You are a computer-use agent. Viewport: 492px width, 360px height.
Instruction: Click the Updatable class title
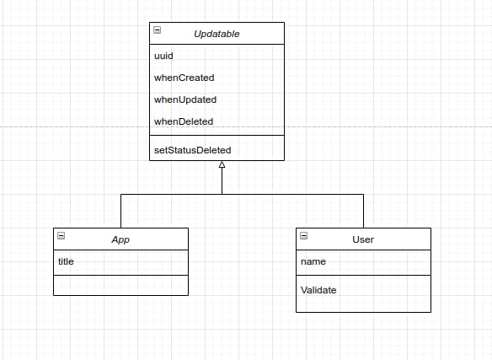click(x=217, y=34)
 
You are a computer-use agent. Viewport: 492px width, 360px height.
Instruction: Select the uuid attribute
click(x=163, y=56)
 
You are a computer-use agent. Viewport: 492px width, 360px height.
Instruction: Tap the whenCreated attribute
click(x=184, y=78)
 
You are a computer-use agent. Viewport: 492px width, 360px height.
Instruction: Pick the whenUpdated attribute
click(x=185, y=99)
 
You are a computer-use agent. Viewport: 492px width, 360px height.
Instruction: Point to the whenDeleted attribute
click(x=184, y=121)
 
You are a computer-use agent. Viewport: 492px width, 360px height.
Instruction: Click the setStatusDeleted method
click(x=193, y=150)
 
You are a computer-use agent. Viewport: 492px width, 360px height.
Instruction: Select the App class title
click(x=120, y=239)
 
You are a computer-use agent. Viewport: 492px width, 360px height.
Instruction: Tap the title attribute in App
click(x=66, y=261)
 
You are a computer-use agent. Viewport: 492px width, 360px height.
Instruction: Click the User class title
click(x=363, y=239)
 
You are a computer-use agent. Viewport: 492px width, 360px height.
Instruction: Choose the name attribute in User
click(x=313, y=261)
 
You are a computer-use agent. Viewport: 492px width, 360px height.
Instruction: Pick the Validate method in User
click(x=318, y=290)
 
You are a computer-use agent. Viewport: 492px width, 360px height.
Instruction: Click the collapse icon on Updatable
click(x=158, y=30)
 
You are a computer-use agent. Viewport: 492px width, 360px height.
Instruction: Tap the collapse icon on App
click(x=61, y=235)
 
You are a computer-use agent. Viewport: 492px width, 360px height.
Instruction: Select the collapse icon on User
click(x=304, y=235)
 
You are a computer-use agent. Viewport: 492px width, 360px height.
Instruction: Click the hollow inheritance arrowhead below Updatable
click(x=222, y=164)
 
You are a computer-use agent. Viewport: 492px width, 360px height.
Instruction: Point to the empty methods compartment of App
click(x=120, y=285)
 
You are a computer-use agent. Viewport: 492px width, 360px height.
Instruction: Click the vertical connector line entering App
click(x=120, y=211)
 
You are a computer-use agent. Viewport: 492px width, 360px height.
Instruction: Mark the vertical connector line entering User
click(x=363, y=211)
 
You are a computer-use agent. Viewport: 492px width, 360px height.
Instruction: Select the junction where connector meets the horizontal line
click(x=222, y=194)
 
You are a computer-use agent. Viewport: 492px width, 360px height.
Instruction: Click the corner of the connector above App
click(x=120, y=194)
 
